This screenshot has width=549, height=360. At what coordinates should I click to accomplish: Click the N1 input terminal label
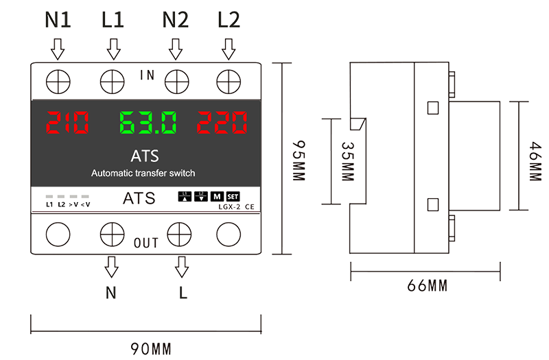coord(58,20)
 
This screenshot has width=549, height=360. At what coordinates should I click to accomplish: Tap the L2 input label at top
coord(229,20)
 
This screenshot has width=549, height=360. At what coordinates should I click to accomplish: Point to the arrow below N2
coord(176,49)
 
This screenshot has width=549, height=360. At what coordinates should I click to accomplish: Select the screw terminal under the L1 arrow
coord(112,82)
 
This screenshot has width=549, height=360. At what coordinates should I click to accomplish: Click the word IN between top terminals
coord(147,75)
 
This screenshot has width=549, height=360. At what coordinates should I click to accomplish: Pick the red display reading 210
coord(67,123)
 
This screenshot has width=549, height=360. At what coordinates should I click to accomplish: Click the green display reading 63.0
coord(148,123)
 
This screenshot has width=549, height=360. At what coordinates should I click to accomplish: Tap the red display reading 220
coord(222,123)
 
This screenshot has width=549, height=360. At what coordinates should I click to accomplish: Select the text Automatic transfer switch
coord(143,173)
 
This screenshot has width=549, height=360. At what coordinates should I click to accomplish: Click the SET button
coord(233,197)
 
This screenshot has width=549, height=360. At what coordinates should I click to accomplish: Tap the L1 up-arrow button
coord(185,197)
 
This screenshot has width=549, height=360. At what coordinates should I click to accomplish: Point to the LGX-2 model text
coord(229,207)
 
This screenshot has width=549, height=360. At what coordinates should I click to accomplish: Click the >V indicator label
coord(73,204)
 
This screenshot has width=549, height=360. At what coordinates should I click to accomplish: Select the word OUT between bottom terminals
coord(146,243)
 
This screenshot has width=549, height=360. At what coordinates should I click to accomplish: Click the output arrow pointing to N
coord(111,267)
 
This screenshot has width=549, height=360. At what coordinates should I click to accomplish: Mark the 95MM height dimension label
coord(299,160)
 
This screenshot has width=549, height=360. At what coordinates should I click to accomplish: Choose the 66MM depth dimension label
coord(427,286)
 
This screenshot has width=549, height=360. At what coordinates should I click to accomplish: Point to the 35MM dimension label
coord(348,161)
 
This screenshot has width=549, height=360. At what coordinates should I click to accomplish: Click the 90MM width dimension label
coord(151,349)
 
